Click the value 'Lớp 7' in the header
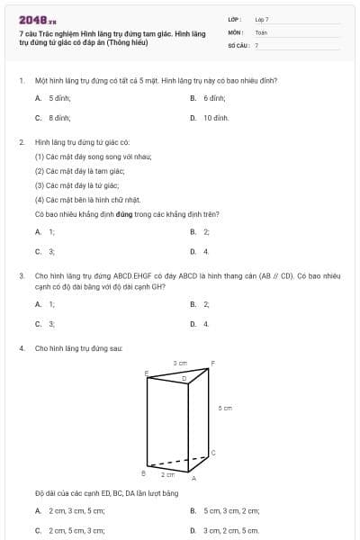pos(262,19)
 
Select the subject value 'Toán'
pos(261,31)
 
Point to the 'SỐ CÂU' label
pos(237,44)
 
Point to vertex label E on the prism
pos(146,372)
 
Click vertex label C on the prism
pos(212,451)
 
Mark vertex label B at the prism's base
pos(144,472)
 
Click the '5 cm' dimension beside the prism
pos(225,408)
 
